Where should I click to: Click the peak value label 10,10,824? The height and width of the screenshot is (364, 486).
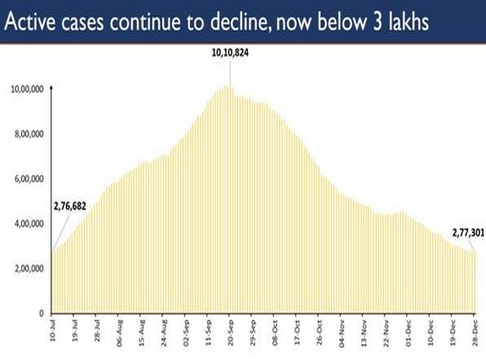[228, 55]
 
